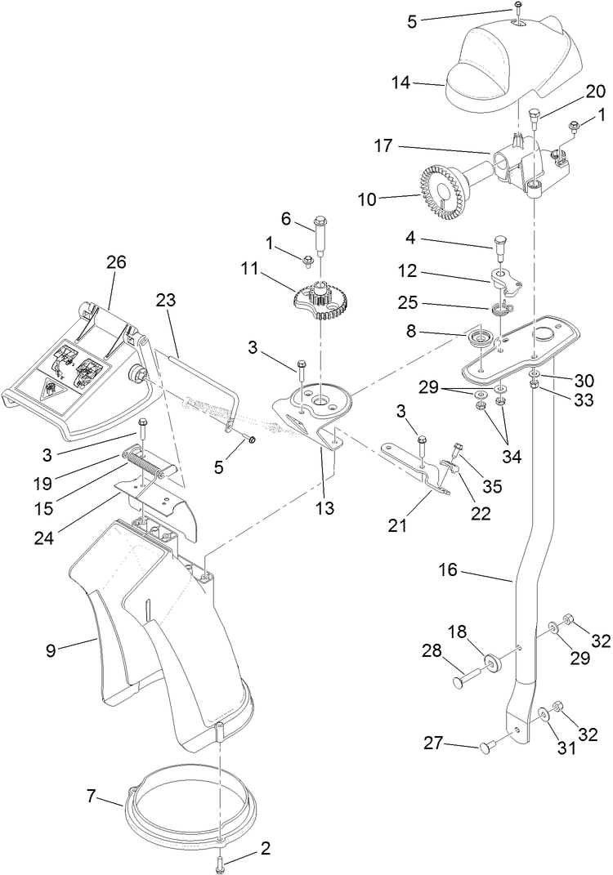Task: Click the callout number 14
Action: point(424,83)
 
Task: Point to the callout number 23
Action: point(165,300)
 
